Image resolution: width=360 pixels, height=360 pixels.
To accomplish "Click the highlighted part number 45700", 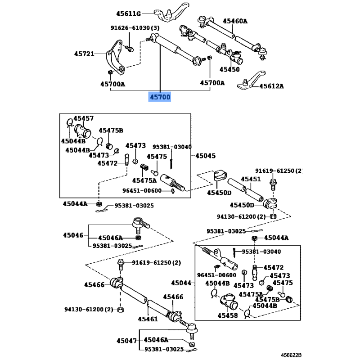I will (160, 97).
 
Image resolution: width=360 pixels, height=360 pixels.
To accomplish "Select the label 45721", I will (84, 54).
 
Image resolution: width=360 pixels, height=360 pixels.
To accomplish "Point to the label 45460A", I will (235, 21).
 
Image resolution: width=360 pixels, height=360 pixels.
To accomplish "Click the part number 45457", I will (84, 118).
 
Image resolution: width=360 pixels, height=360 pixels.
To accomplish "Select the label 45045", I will (205, 156).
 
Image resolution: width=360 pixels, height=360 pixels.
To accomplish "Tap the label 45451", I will (251, 179).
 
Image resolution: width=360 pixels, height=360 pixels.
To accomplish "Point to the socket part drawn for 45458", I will (228, 301).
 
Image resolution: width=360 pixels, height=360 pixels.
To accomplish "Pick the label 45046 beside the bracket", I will (73, 234).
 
